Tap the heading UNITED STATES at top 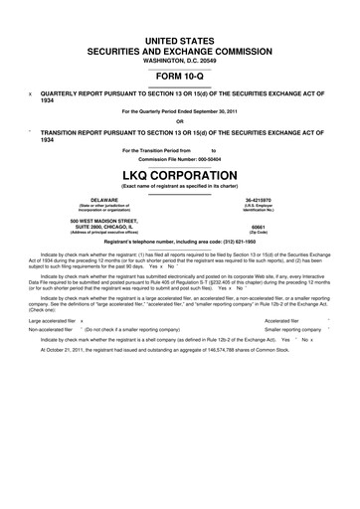pyautogui.click(x=180, y=34)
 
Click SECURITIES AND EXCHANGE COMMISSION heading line pyautogui.click(x=180, y=46)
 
